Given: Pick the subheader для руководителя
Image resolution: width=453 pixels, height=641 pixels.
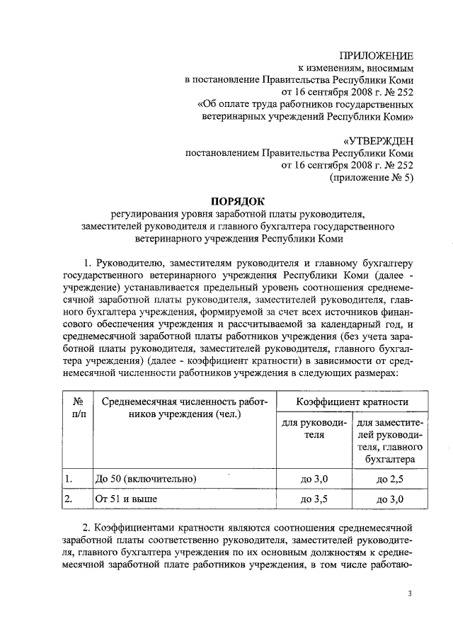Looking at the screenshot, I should [314, 429].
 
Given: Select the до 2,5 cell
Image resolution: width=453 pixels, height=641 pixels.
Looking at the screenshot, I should [391, 480].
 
